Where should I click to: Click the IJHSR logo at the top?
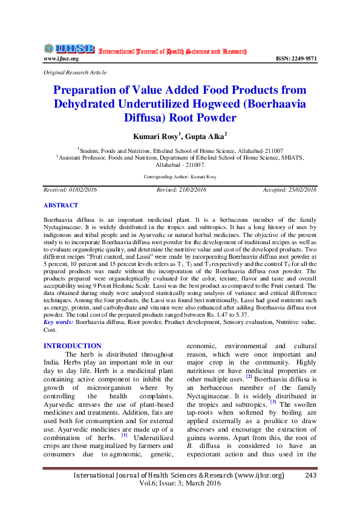[69, 49]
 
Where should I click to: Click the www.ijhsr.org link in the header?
[61, 59]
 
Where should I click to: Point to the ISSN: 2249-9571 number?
[296, 59]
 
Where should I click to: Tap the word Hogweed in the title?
[241, 103]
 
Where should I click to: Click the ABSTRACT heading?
[61, 206]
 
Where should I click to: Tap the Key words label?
[59, 323]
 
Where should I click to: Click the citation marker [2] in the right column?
[249, 377]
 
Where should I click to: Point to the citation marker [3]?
[273, 401]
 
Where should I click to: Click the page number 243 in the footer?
[311, 475]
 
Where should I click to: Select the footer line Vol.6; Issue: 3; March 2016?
[180, 484]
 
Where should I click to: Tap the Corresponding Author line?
[180, 177]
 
